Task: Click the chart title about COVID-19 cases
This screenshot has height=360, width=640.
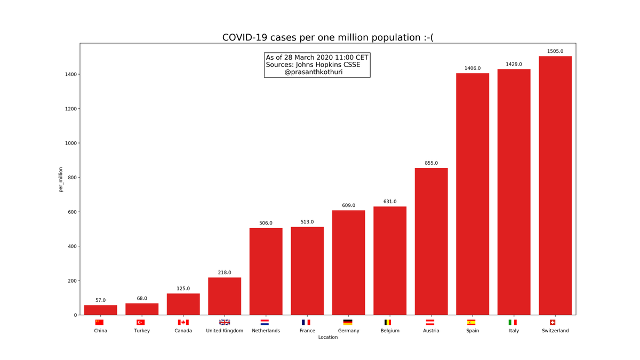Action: coord(327,37)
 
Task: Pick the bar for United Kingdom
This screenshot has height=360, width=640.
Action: coord(225,296)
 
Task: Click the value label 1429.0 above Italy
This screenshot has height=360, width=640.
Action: coord(514,65)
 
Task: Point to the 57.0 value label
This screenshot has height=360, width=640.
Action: coord(100,300)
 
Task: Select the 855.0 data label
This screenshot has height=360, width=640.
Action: coord(431,163)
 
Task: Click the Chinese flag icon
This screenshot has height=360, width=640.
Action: coord(100,322)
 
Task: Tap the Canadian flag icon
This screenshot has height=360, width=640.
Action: coord(183,322)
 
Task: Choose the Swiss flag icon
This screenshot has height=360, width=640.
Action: coord(553,322)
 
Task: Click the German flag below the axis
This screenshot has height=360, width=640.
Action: coord(348,322)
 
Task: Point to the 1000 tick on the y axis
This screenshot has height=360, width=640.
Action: coord(70,143)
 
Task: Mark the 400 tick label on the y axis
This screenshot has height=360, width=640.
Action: coord(71,246)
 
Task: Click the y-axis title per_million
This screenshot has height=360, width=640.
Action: coord(61,179)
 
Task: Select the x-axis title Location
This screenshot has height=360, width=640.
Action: coord(327,337)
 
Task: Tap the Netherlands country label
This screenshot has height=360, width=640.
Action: coord(266,331)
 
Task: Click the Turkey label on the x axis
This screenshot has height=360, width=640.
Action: coord(142,331)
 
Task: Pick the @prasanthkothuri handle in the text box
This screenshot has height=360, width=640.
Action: coord(314,72)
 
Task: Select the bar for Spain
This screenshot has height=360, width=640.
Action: coord(472,194)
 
